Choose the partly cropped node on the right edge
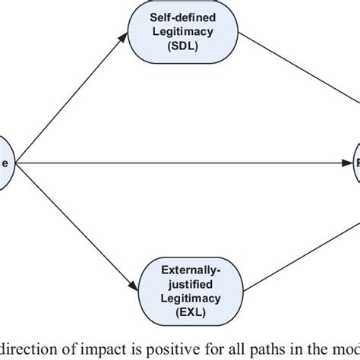click(354, 163)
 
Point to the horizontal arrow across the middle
click(182, 163)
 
